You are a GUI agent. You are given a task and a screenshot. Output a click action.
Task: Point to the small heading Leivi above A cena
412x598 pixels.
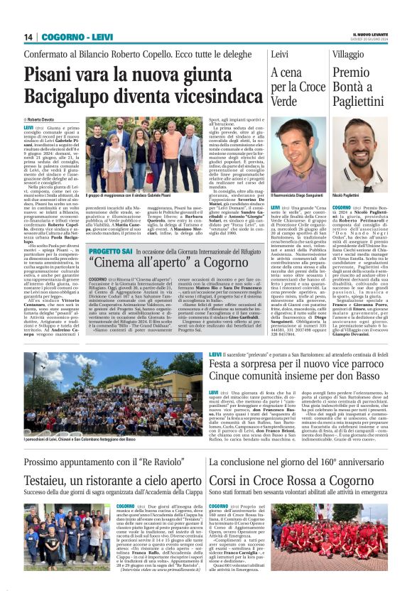(280, 55)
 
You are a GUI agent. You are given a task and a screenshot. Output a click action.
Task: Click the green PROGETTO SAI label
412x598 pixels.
(111, 250)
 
